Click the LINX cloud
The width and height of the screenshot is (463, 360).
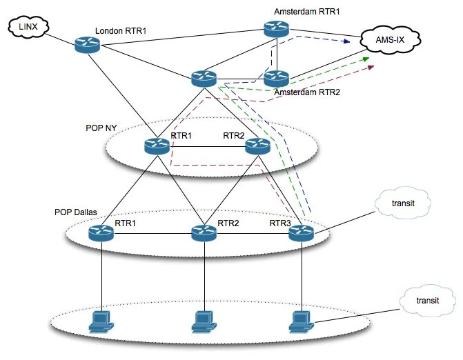(28, 27)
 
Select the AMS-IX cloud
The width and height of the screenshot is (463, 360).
(391, 40)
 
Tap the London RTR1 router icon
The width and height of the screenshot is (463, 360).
(87, 45)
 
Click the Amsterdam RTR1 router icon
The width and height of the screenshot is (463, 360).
(277, 29)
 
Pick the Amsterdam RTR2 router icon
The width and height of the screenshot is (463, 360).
(277, 79)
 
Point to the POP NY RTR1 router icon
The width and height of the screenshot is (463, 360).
(157, 146)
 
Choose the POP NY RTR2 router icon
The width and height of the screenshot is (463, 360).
(258, 146)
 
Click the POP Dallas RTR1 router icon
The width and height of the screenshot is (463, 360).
(101, 233)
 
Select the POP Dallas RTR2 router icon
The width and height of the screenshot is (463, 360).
(204, 233)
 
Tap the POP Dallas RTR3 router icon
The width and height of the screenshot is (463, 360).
(301, 233)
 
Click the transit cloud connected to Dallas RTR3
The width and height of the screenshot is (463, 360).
(403, 203)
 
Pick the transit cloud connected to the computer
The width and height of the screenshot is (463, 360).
(428, 301)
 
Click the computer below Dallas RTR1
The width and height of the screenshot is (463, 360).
(101, 322)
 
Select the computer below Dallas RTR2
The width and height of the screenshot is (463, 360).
(204, 322)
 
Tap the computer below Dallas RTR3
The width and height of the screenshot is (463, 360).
(302, 322)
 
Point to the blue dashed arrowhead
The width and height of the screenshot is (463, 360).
(346, 41)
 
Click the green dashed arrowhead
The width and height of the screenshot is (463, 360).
(366, 59)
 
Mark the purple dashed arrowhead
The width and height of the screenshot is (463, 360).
(371, 68)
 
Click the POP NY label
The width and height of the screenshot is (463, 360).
(101, 128)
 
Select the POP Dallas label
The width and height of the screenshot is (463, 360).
(76, 212)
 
